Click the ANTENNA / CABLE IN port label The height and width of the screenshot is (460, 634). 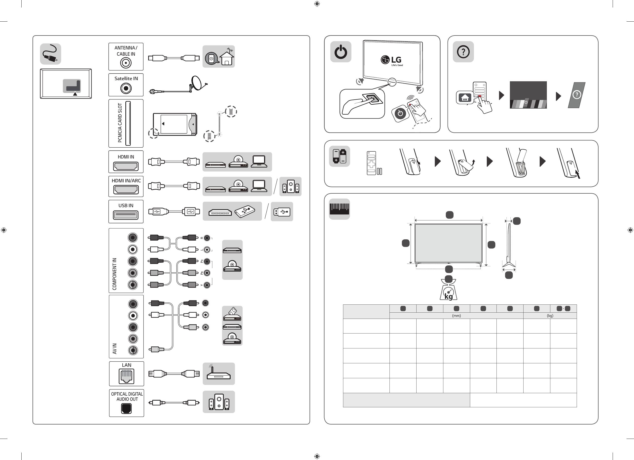126,51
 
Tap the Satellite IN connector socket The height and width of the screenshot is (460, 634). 126,88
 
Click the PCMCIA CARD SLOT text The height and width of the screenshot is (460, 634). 120,123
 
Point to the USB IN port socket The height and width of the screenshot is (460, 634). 126,215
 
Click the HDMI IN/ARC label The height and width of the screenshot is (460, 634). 126,181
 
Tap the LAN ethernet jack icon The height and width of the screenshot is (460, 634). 126,376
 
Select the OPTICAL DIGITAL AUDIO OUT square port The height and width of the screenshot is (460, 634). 126,409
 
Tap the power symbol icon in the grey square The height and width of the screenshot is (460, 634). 341,52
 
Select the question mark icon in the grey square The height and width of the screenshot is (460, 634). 463,52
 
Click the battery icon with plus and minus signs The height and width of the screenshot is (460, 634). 339,156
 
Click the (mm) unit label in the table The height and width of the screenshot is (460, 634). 456,316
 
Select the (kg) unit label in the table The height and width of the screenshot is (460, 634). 550,316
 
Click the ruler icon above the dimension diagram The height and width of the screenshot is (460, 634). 339,209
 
